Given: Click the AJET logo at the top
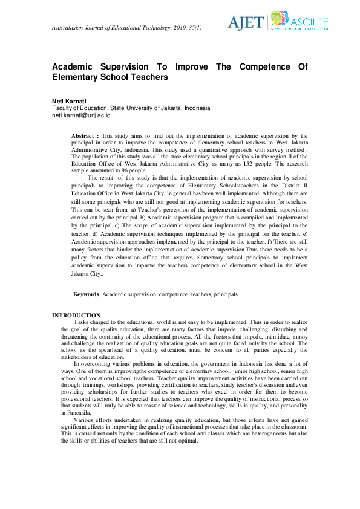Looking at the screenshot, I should coord(246,22).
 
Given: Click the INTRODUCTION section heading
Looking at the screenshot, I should coord(76,316).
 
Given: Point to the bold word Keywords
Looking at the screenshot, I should coord(86,294).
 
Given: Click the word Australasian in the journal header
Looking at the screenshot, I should coord(70,28).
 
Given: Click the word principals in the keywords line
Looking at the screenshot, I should coord(226,294).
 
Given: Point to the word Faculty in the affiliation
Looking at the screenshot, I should coord(62,108).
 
